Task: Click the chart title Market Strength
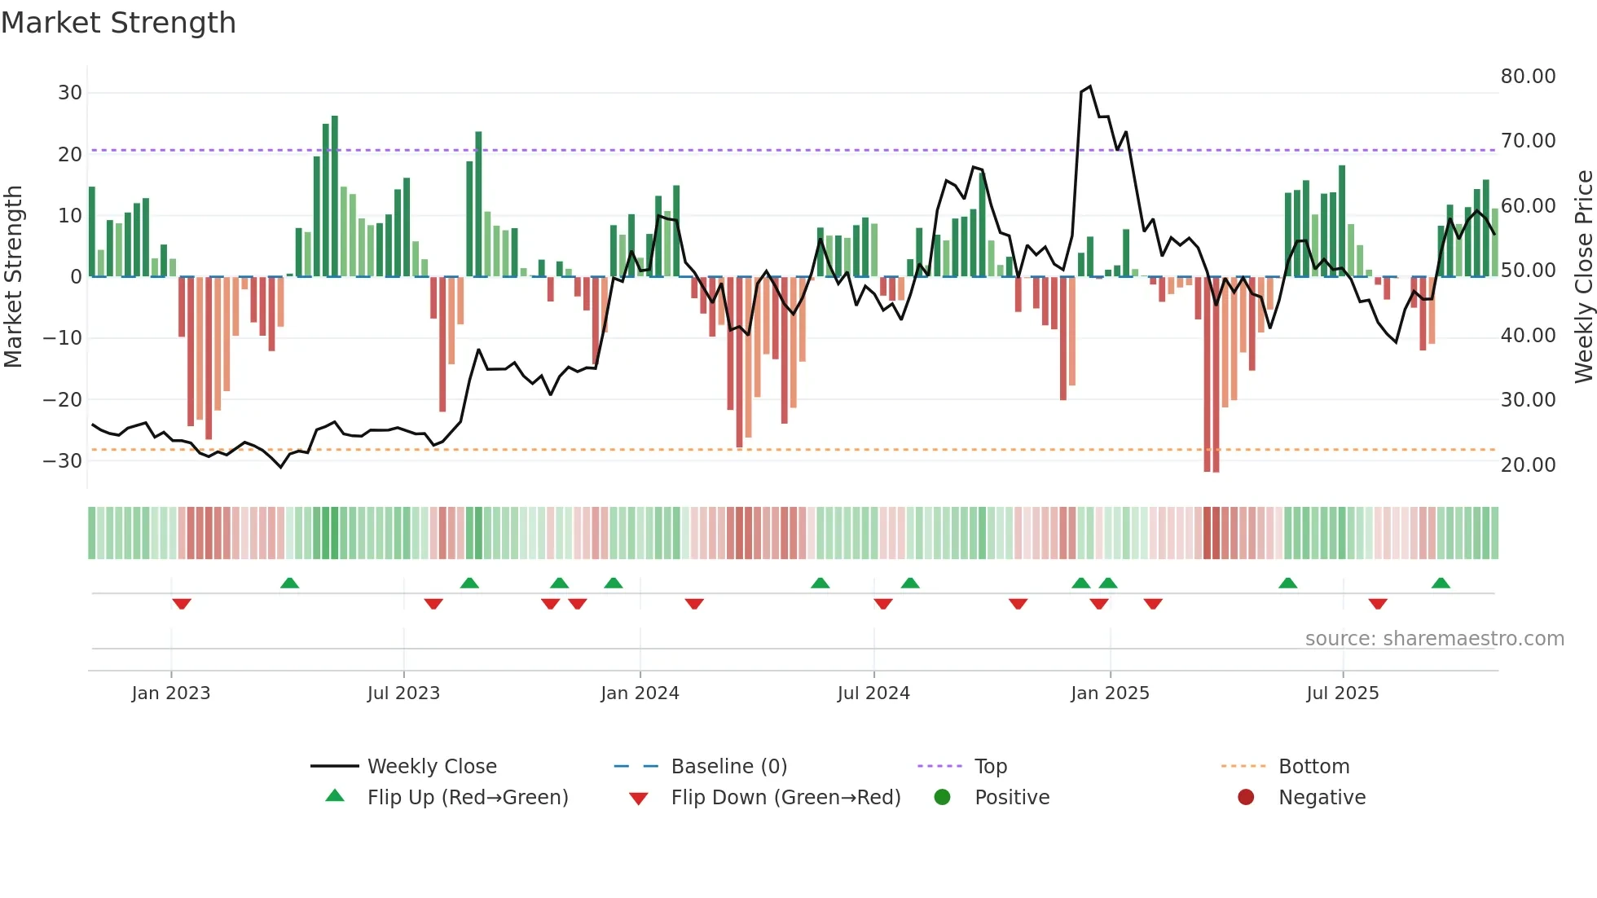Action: coord(118,23)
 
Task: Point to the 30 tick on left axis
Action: coord(70,93)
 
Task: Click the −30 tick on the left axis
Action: coord(64,461)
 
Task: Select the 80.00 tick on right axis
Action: coord(1528,77)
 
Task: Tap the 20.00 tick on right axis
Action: coord(1528,465)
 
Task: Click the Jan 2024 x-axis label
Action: coord(640,693)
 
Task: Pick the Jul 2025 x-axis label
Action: coord(1342,693)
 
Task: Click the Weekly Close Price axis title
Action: coord(1583,277)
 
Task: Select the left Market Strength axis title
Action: coord(13,277)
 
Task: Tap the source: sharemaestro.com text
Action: coord(1434,639)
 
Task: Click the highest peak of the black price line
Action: coord(1090,86)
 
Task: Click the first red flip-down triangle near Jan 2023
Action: coord(182,604)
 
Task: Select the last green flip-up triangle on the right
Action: coord(1441,583)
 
